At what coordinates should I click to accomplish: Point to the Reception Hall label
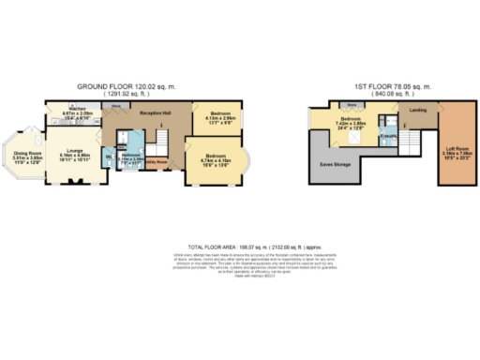(155, 112)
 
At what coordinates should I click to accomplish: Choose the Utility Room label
(155, 162)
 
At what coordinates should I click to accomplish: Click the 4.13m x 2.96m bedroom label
(217, 117)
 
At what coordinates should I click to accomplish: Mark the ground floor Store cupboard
(116, 107)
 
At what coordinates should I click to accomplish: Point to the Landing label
(418, 110)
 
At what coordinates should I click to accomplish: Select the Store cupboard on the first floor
(352, 105)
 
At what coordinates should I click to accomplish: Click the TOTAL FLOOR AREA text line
(240, 242)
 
